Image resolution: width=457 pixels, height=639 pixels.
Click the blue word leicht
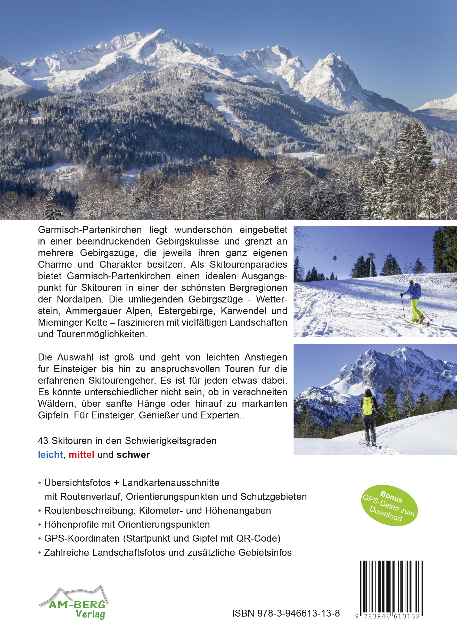(50, 455)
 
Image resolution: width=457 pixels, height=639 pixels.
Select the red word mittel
(81, 455)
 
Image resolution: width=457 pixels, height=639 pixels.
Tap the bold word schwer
(133, 455)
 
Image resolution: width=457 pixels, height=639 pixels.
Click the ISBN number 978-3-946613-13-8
(286, 613)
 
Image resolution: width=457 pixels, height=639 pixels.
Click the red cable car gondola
(335, 257)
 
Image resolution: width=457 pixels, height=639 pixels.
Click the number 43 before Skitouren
(43, 441)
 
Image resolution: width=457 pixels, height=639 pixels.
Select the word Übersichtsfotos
(77, 482)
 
